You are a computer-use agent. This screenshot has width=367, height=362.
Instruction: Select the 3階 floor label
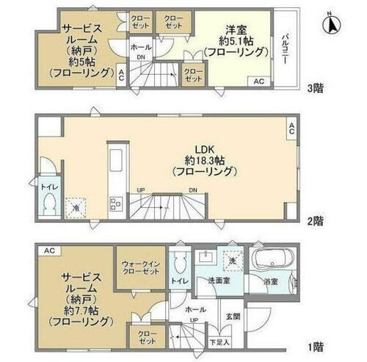[314, 88]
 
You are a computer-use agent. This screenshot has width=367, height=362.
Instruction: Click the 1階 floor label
[314, 345]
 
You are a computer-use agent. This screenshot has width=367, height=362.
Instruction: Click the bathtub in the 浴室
[272, 261]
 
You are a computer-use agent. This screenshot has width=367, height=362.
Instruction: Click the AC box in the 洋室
[259, 81]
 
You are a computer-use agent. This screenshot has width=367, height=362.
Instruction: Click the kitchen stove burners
[115, 203]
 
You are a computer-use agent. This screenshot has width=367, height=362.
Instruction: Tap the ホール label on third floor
[139, 46]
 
